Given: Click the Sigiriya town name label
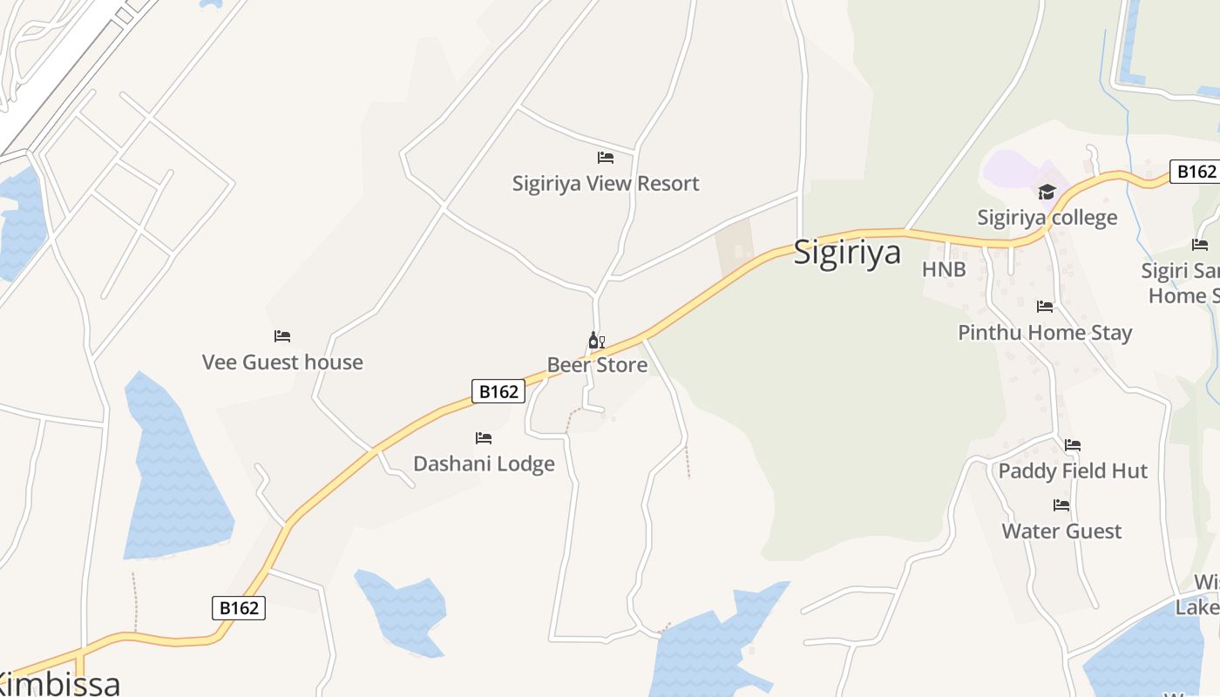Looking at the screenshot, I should point(847,254).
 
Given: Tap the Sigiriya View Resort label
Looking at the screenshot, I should point(606,184).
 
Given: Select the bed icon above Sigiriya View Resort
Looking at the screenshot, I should point(606,158).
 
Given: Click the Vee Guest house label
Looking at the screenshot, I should point(282,362).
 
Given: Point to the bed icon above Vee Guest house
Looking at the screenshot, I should point(282,336).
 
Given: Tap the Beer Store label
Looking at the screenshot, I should point(597,365).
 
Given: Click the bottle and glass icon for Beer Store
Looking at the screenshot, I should point(597,341).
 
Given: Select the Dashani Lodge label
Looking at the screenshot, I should point(484,464).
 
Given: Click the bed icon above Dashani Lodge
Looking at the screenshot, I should point(484,437).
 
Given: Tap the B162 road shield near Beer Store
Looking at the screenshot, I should point(499,392).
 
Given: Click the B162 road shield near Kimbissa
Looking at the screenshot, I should point(239,607).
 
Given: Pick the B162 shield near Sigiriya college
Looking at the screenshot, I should point(1196,172).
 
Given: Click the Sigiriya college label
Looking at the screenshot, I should point(1047,218).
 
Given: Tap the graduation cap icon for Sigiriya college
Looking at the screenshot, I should point(1047,193).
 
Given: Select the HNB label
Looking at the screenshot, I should point(945,270).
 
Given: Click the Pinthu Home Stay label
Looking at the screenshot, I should point(1045,333).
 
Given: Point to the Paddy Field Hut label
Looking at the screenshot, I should point(1073,471).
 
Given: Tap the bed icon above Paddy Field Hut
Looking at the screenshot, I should point(1073,445).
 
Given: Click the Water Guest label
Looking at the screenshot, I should point(1061,531).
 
